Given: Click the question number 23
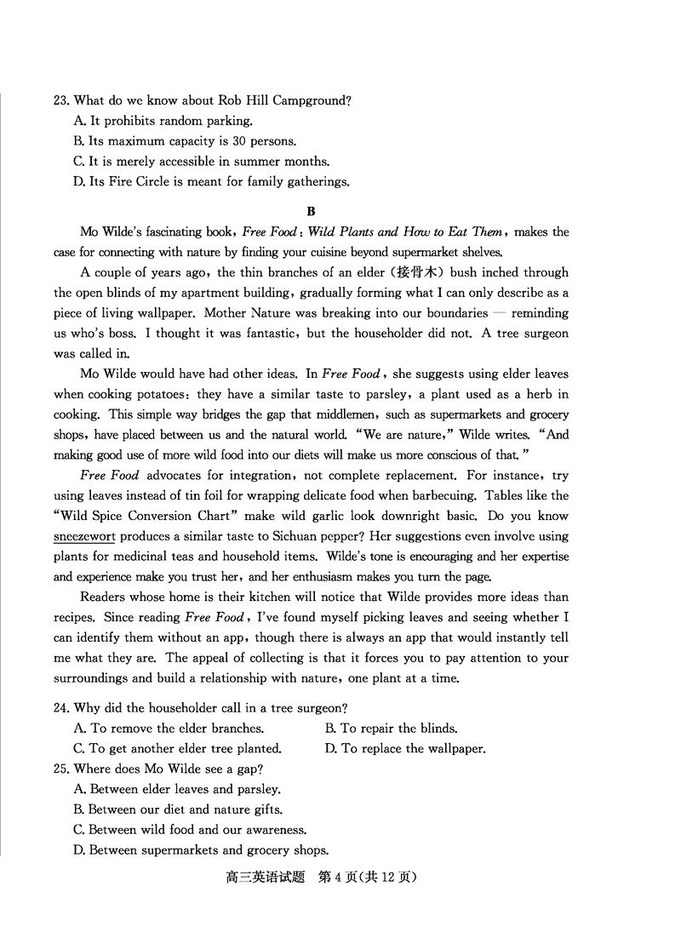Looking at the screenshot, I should (60, 100).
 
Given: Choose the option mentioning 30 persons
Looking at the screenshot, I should (185, 141).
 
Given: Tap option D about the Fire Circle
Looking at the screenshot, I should (211, 181).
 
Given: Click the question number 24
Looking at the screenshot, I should (60, 707).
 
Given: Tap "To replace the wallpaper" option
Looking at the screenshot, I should (405, 749).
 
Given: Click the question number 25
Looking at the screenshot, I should (60, 769).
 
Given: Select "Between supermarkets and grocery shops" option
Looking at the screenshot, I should (201, 849).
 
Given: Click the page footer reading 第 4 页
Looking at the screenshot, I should (346, 877).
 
